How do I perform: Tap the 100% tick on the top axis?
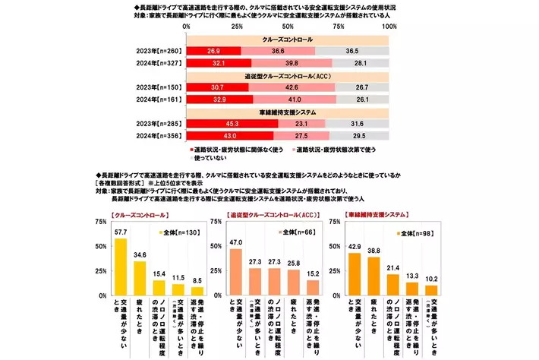[389, 26]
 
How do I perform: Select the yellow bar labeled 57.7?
[120, 267]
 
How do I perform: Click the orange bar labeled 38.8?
[373, 276]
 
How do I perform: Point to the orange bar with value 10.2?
[430, 289]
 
